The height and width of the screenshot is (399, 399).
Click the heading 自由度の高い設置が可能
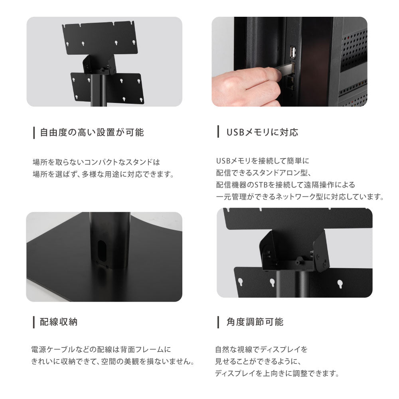pos(92,132)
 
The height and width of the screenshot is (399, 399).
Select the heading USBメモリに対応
pos(262,132)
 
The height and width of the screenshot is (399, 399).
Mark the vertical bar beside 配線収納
pos(34,322)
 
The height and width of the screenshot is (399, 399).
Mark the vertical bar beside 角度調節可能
pos(218,322)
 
